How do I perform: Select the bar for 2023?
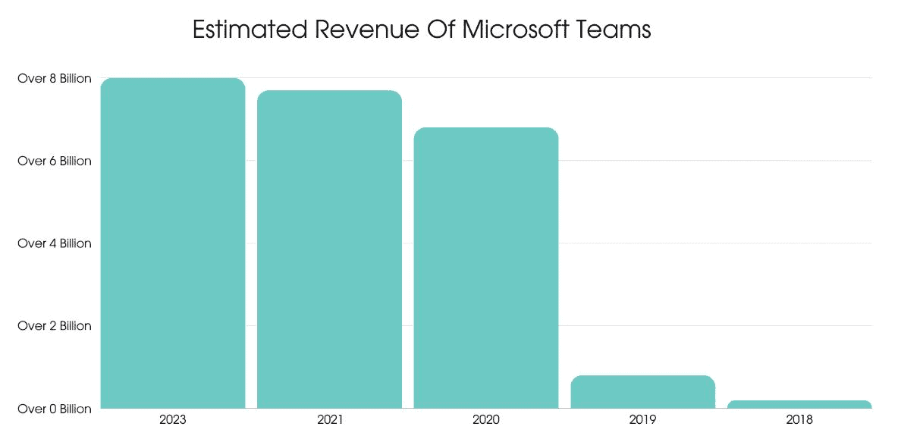point(173,243)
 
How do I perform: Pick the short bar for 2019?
point(642,391)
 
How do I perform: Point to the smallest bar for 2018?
point(799,404)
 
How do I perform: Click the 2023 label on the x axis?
point(173,419)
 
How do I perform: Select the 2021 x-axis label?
point(329,419)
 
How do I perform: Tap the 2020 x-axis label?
point(486,419)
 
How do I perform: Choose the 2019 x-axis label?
point(642,419)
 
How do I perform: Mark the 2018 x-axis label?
point(799,419)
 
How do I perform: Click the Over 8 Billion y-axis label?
point(55,78)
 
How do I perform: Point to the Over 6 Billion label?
point(55,161)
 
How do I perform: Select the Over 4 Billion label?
point(55,243)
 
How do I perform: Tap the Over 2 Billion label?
point(55,326)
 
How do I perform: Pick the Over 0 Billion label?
point(55,409)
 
